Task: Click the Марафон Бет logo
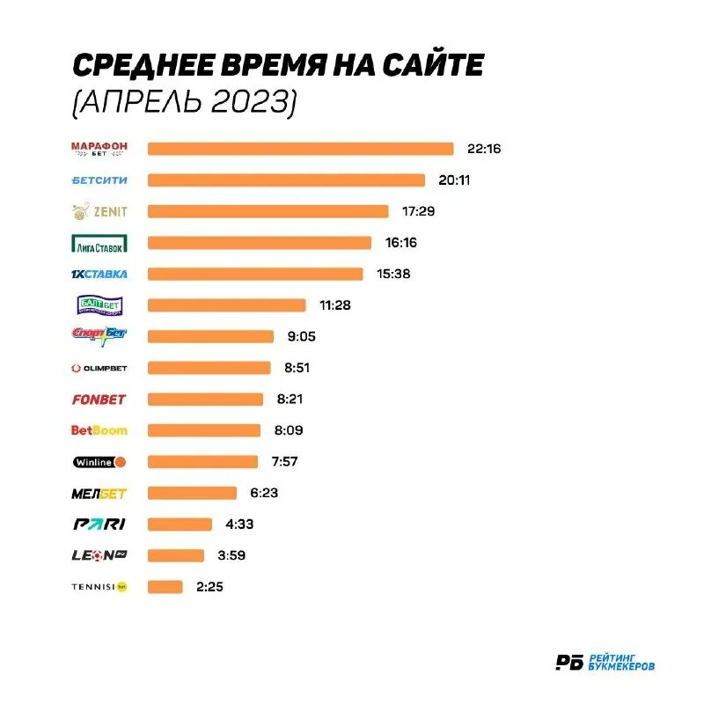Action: point(99,149)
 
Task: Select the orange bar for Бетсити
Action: point(286,180)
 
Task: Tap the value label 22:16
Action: point(484,149)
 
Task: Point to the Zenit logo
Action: point(99,211)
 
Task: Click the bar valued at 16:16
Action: point(260,243)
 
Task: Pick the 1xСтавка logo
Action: point(99,274)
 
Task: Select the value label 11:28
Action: point(336,305)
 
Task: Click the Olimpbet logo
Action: point(99,368)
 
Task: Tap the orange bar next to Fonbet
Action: point(205,400)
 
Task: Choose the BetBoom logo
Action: point(99,430)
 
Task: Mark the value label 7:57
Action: point(288,462)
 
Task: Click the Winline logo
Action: point(99,462)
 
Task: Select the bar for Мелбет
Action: point(192,493)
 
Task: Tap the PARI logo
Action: point(99,524)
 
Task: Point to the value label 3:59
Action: point(233,555)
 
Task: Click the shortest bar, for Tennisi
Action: point(165,587)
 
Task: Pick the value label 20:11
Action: point(456,180)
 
